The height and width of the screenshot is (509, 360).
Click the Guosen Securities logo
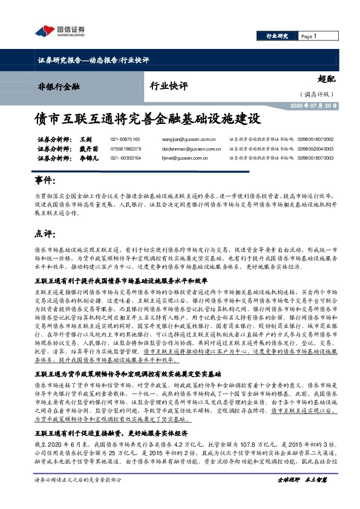point(60,31)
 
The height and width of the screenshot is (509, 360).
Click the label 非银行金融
point(58,87)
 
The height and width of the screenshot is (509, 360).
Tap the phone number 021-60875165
point(125,139)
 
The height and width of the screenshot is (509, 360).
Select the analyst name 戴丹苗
point(88,149)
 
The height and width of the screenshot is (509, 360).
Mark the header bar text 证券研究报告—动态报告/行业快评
point(93,61)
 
